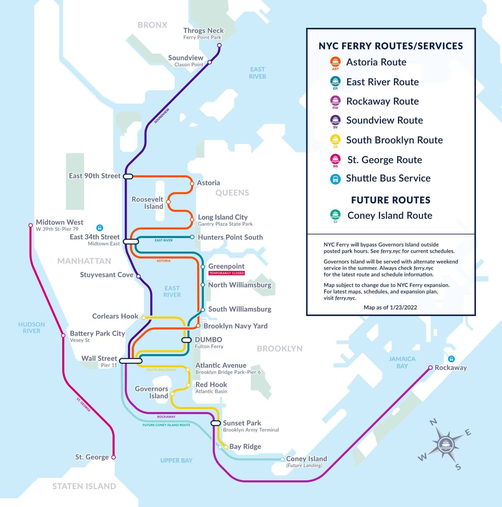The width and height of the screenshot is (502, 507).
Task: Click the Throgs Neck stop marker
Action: tap(219, 45)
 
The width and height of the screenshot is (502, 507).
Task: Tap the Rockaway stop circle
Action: tap(430, 367)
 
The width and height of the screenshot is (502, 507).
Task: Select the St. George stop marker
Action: tap(113, 457)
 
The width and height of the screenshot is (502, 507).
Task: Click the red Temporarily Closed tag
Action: tap(226, 273)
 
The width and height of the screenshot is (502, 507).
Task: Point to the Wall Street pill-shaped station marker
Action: tap(131, 361)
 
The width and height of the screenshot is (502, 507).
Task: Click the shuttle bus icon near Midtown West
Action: tap(100, 228)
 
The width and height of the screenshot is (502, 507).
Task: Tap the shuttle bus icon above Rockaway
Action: tap(451, 359)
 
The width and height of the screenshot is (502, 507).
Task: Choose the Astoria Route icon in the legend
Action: tap(335, 62)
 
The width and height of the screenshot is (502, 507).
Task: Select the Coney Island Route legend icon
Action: tap(335, 215)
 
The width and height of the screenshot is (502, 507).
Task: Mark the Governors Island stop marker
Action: tap(172, 394)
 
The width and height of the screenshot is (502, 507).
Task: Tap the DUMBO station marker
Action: tap(186, 340)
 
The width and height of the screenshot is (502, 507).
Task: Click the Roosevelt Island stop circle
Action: tap(168, 202)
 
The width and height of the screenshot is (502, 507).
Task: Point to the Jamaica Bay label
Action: tap(402, 362)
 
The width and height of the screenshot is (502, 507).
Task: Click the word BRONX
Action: tap(152, 25)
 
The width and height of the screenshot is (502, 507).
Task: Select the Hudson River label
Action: tap(32, 328)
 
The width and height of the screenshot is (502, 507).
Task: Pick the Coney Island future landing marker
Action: tap(283, 459)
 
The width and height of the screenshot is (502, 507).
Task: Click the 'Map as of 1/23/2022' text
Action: tap(390, 307)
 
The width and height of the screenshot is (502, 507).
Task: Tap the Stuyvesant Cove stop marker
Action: tap(138, 276)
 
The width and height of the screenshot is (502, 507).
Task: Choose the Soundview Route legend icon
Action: tap(335, 120)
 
